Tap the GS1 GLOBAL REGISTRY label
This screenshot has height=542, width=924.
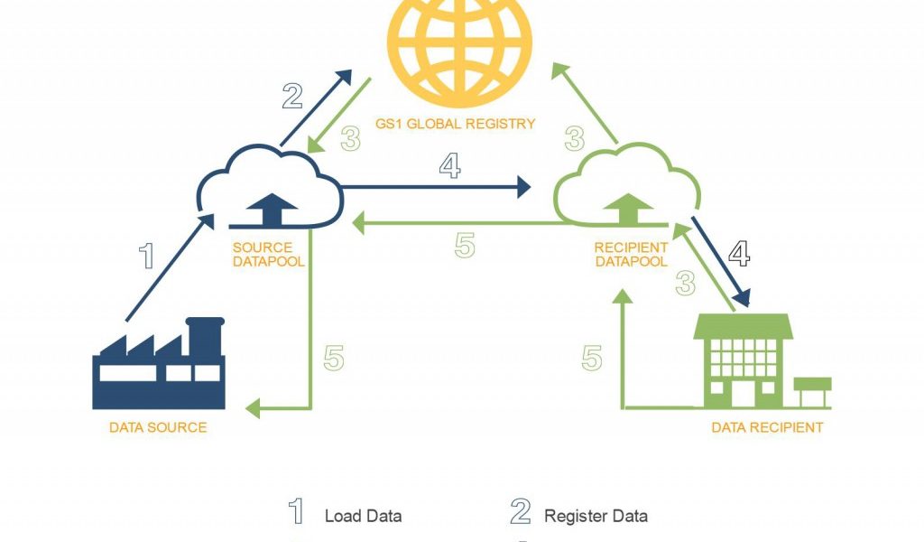[x=456, y=124]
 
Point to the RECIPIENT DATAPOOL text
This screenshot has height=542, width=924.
[x=631, y=254]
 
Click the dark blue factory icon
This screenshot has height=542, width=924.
[x=159, y=366]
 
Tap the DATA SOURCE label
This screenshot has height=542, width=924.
[x=158, y=427]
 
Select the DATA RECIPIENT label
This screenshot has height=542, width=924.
[x=767, y=427]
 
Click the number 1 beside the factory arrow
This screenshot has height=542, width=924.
[x=146, y=257]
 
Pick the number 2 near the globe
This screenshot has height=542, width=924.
[x=291, y=96]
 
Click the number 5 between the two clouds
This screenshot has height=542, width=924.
[x=465, y=246]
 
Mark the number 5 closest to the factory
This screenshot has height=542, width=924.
[x=334, y=359]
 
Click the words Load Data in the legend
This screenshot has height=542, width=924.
[x=363, y=517]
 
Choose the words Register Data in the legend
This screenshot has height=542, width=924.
[x=596, y=517]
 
